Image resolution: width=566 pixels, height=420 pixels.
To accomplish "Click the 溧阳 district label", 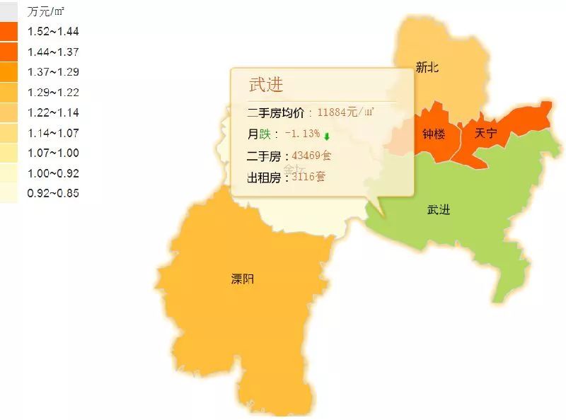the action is pyautogui.click(x=242, y=279).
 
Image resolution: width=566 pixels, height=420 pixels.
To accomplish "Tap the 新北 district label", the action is pyautogui.click(x=427, y=68).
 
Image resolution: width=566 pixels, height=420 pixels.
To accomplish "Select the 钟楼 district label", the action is pyautogui.click(x=433, y=134).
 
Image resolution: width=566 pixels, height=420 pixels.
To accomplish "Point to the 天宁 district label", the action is pyautogui.click(x=485, y=133).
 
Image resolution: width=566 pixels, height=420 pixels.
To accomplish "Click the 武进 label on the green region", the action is pyautogui.click(x=439, y=210).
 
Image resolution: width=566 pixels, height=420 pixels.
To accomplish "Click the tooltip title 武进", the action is pyautogui.click(x=266, y=85).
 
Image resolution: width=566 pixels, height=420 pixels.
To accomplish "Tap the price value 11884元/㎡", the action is pyautogui.click(x=346, y=112).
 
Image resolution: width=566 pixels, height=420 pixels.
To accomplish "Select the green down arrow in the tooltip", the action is pyautogui.click(x=327, y=136).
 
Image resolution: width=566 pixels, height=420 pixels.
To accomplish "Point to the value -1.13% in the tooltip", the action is pyautogui.click(x=302, y=134).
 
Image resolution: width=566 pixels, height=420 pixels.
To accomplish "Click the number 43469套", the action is pyautogui.click(x=311, y=156).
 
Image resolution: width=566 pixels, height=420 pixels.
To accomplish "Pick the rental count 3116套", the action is pyautogui.click(x=308, y=177).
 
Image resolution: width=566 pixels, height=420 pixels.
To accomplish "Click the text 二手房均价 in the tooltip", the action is pyautogui.click(x=277, y=112).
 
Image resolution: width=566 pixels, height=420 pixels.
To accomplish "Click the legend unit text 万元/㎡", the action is pyautogui.click(x=45, y=12).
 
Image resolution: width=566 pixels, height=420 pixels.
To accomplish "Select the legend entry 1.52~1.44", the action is pyautogui.click(x=52, y=31).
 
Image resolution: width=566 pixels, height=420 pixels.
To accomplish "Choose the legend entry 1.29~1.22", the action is pyautogui.click(x=52, y=92).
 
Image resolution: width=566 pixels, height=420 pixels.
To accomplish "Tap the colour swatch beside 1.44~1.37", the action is pyautogui.click(x=8, y=52).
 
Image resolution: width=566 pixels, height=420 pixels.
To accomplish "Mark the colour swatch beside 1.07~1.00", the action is pyautogui.click(x=8, y=153).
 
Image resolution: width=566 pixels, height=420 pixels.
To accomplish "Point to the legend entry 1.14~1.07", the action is pyautogui.click(x=52, y=133).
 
